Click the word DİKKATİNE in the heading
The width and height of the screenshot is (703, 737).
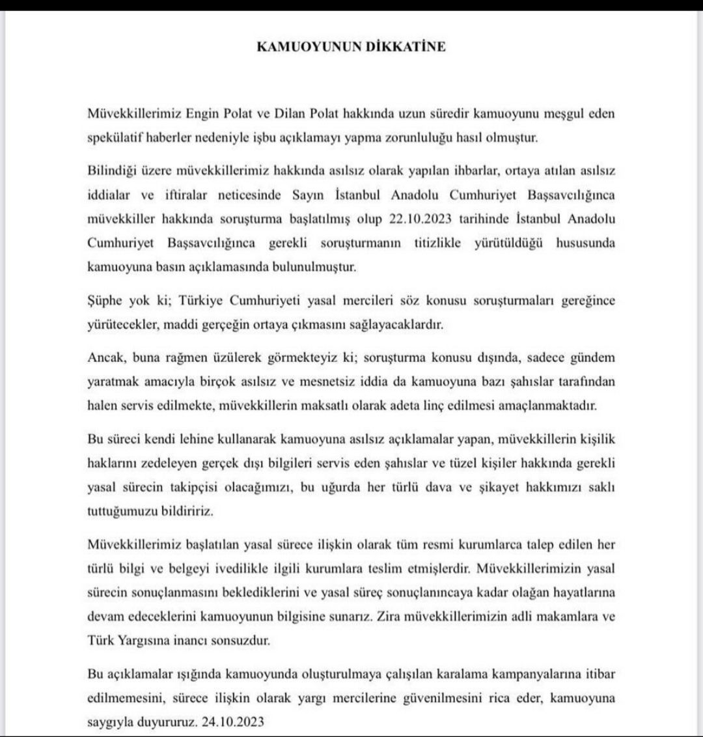407,48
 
